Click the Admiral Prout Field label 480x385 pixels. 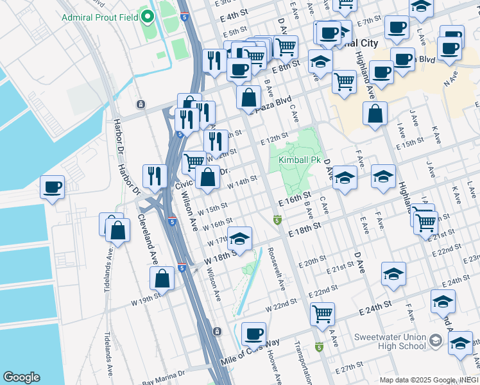click(x=99, y=17)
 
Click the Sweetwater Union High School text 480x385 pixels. click(x=390, y=341)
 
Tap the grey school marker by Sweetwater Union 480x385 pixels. click(x=436, y=339)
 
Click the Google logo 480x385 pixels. click(x=21, y=377)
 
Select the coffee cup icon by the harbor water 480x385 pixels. click(x=52, y=187)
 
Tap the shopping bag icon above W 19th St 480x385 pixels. click(x=162, y=278)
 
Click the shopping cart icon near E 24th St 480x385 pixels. click(x=322, y=314)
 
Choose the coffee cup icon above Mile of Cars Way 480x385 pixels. click(x=254, y=333)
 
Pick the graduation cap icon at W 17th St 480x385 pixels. click(x=239, y=239)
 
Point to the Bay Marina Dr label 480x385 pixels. click(x=163, y=373)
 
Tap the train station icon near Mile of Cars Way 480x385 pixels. click(x=217, y=331)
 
